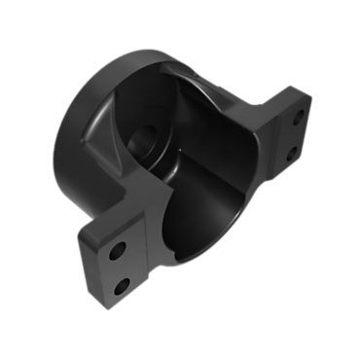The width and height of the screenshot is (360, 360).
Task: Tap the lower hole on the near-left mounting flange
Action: click(122, 286)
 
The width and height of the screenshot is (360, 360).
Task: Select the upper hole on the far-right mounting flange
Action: click(297, 115)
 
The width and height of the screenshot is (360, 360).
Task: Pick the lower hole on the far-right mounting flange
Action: click(289, 153)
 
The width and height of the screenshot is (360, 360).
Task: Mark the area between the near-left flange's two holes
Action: click(120, 269)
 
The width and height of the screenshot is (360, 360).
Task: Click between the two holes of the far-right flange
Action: click(293, 134)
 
